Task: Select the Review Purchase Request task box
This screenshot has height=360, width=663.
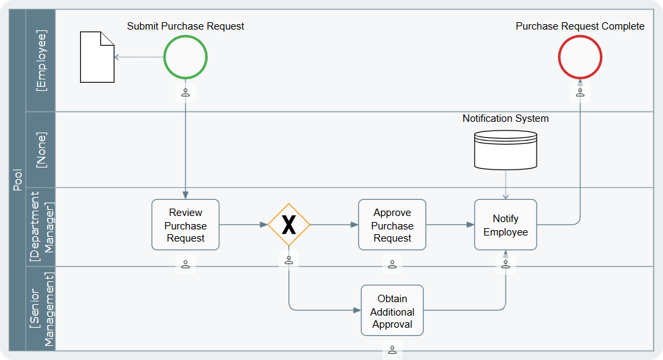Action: pos(186,225)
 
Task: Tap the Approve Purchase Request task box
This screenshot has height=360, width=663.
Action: pos(393,225)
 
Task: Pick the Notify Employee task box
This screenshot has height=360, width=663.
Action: pos(506,225)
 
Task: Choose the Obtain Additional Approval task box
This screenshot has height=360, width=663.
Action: pos(393,310)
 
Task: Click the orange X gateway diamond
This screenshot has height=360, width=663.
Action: pos(288,225)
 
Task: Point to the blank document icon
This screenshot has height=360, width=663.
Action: pos(97,57)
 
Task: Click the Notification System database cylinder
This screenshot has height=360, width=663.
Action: pos(506,150)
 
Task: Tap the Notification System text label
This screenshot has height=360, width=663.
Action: pos(506,118)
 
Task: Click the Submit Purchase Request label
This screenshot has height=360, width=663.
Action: pos(186,26)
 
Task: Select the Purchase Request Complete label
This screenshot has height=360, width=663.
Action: pos(580,26)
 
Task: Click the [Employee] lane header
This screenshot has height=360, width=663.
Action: pos(41,61)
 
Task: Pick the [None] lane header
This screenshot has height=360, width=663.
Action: pos(41,150)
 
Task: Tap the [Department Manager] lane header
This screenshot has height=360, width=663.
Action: pos(41,227)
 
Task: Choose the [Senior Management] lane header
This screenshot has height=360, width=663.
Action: pos(41,309)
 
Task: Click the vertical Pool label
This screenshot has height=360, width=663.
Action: pos(17,180)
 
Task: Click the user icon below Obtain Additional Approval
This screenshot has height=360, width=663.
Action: pos(393,350)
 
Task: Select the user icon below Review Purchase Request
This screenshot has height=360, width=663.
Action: pos(186,264)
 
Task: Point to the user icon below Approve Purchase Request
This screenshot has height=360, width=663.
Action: pos(393,264)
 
